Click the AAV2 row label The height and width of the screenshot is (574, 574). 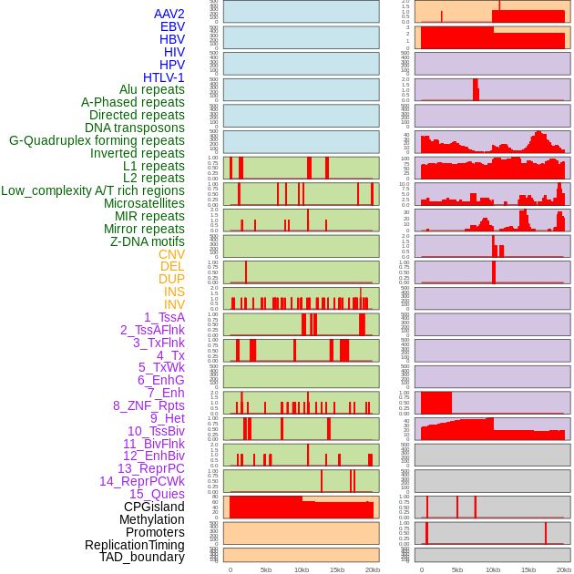169,14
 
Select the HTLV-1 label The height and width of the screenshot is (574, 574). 163,77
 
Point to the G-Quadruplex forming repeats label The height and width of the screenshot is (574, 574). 97,140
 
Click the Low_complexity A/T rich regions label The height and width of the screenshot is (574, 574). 93,190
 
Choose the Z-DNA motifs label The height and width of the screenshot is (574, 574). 147,241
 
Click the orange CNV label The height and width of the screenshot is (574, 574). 171,254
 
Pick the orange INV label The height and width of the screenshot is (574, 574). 174,304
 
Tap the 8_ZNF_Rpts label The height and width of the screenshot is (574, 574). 149,405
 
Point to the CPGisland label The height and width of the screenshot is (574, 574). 154,507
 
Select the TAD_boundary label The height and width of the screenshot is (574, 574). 142,557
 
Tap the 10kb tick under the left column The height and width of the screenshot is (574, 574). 301,569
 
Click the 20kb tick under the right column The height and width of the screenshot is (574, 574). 563,569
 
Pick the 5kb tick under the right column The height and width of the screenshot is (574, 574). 456,569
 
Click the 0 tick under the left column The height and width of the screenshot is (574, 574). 230,569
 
